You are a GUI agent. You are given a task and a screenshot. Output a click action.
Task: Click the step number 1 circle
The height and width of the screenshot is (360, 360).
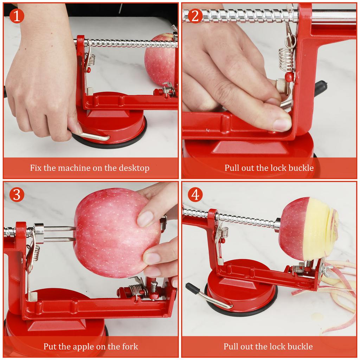[x=17, y=16]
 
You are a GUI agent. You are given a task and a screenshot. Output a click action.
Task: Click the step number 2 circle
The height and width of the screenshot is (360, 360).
[x=195, y=16]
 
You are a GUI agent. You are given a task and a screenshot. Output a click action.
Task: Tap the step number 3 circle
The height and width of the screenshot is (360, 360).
[x=17, y=194]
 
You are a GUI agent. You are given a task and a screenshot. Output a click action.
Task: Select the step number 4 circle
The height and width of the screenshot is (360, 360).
[x=195, y=194]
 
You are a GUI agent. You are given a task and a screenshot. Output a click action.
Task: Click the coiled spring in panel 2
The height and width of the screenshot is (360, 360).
[x=286, y=58]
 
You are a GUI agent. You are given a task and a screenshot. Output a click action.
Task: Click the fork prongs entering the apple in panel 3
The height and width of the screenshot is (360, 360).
[x=60, y=234]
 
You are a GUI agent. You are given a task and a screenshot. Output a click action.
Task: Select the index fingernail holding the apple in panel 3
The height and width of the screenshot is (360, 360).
[x=145, y=219]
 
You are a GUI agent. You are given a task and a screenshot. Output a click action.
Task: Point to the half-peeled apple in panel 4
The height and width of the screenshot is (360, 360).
[x=308, y=229]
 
